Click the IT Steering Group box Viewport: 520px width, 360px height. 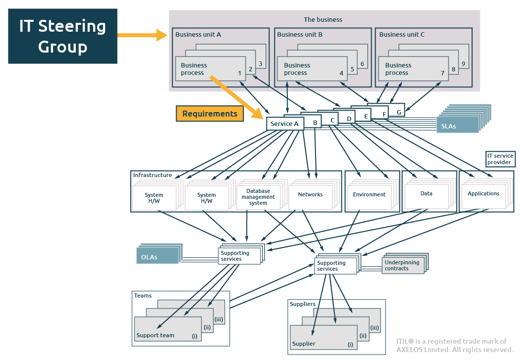[x=63, y=36]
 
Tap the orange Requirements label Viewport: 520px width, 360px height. [x=209, y=114]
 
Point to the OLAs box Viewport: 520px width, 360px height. [x=157, y=256]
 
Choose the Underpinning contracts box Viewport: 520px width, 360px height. [x=403, y=265]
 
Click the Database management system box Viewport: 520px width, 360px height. [x=259, y=197]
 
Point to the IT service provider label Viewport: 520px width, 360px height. [x=501, y=159]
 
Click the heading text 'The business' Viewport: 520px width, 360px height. [x=323, y=19]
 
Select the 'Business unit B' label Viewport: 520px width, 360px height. [x=300, y=35]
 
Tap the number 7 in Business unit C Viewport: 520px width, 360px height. [x=443, y=73]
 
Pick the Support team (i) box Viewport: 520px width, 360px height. [x=168, y=329]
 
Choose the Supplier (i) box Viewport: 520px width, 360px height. [x=324, y=337]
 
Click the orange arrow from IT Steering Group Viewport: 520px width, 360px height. [x=142, y=35]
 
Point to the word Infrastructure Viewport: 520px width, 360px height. [x=152, y=175]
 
